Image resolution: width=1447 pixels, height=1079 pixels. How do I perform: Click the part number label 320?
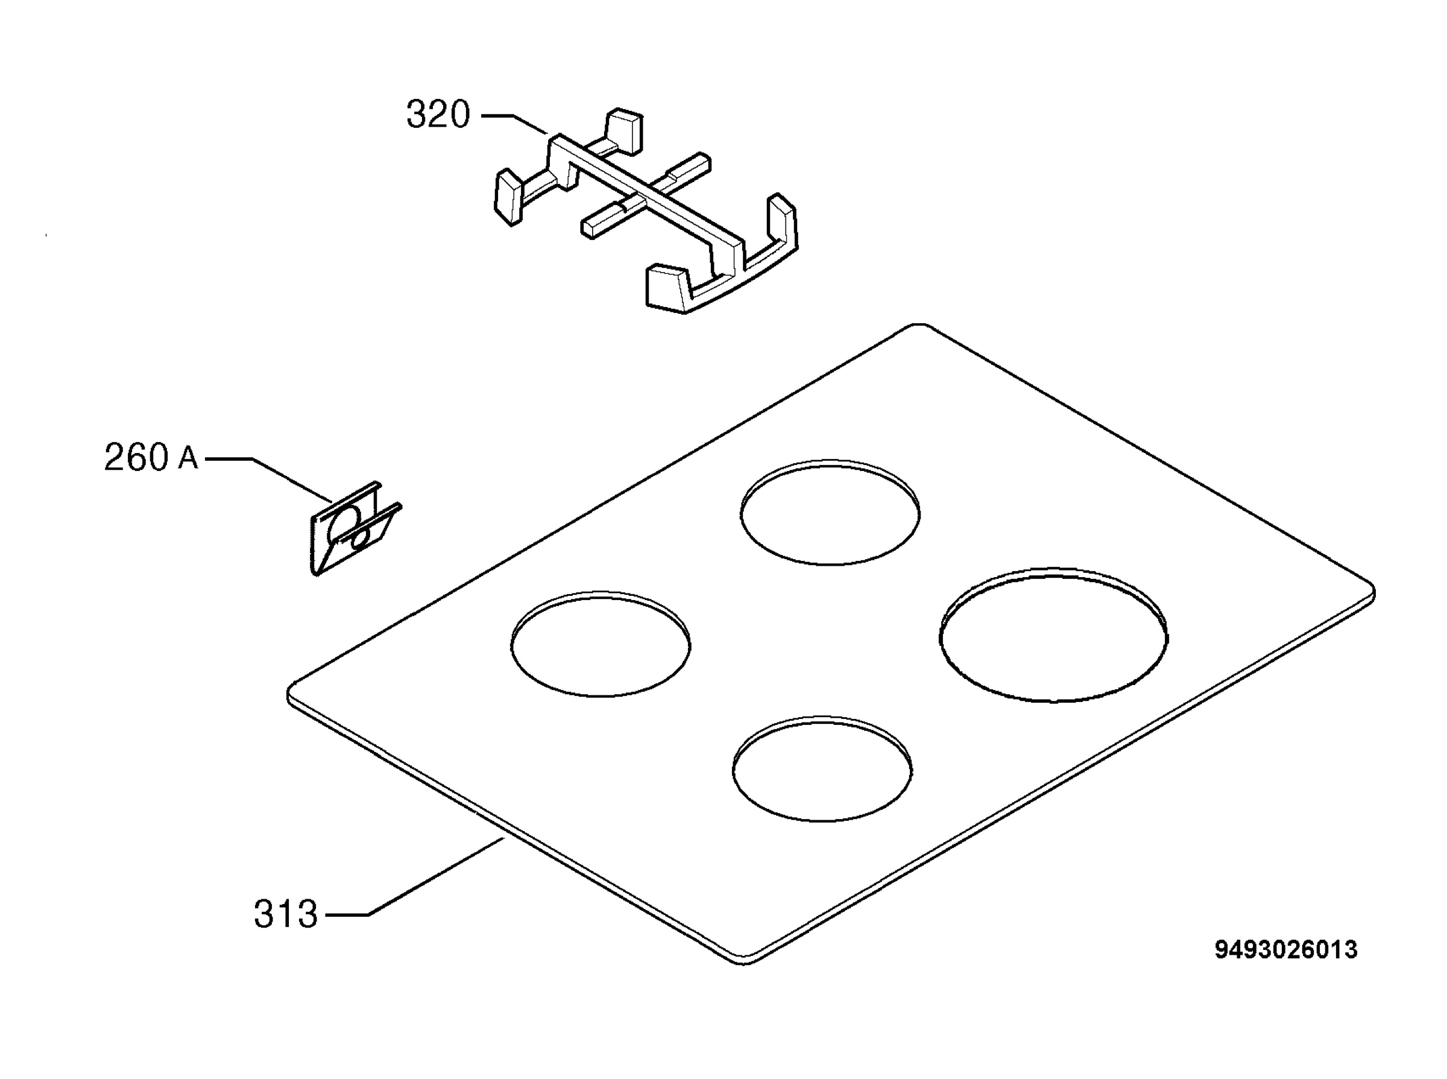coord(438,115)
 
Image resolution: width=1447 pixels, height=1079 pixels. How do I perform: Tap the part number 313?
coord(285,914)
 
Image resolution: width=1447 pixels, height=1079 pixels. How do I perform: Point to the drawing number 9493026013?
coord(1285,949)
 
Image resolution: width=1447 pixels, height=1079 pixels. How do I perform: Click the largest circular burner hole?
coord(1053,635)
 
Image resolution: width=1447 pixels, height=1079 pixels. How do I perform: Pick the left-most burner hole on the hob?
coord(600,644)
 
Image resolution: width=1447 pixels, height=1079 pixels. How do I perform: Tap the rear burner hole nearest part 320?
coord(830,511)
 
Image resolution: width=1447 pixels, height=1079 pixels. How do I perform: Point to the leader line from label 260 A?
coord(271,477)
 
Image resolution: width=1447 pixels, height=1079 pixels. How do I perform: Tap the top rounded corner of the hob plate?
coord(919,324)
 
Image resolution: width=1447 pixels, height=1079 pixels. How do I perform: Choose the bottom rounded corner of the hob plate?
coord(745,962)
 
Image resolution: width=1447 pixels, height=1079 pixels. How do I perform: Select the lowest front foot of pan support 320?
coord(668,287)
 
